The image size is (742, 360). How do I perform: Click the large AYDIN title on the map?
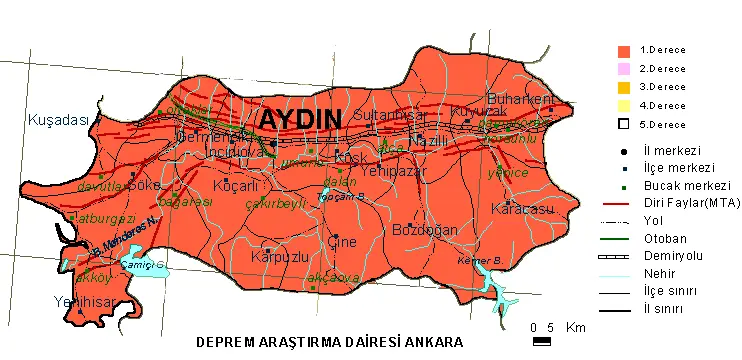coord(300,119)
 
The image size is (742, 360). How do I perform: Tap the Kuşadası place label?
coord(58,120)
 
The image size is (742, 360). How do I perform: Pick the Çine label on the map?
coord(342,241)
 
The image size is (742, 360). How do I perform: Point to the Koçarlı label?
coord(237,187)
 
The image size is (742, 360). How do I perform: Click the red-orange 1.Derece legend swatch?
coord(624,50)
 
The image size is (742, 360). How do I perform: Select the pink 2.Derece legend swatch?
coord(624,69)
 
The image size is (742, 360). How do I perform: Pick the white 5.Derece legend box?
coord(624,124)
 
